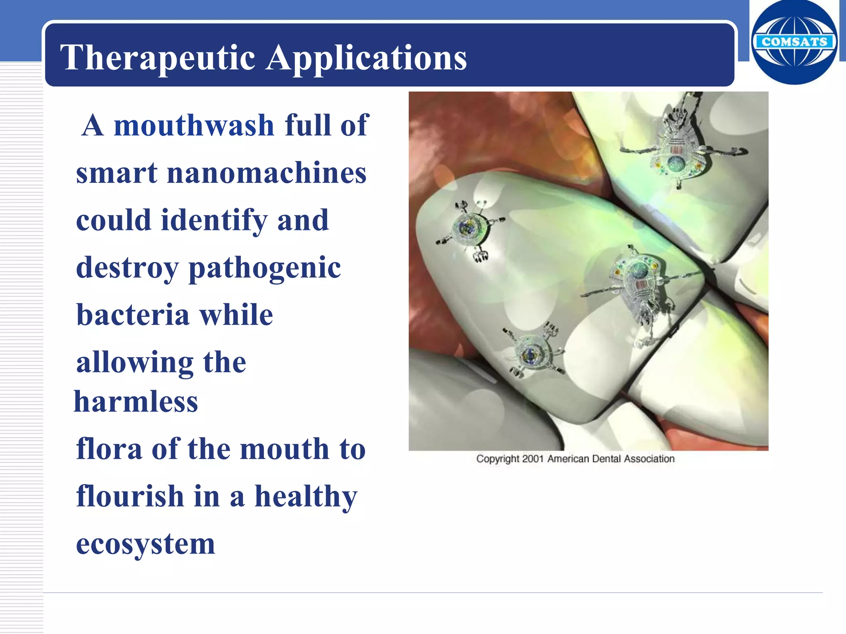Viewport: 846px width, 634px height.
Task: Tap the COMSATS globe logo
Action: coord(794,42)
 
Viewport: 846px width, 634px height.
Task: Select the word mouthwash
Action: coord(194,125)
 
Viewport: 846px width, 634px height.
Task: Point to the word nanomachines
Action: coord(266,173)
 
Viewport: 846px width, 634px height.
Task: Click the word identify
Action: coord(214,221)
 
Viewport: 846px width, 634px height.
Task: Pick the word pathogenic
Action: coord(264,269)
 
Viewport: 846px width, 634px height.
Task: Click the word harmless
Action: coord(136,402)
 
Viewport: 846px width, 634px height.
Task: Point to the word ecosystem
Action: coord(145,544)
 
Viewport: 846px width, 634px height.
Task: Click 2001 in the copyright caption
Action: coord(532,459)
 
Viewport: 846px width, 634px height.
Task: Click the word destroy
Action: coord(127,269)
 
